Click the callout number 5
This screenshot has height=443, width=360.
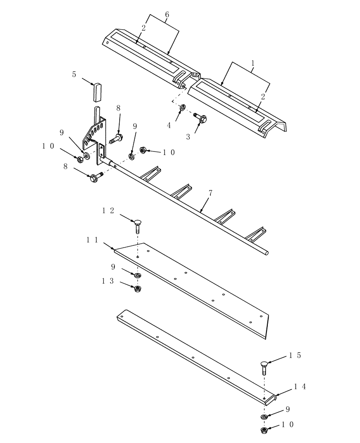(74, 75)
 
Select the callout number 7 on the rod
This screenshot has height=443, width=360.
(210, 194)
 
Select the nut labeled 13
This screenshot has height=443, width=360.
(138, 289)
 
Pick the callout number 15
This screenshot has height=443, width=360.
(295, 355)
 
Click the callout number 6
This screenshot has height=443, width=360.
(167, 15)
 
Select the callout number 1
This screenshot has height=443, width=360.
(253, 63)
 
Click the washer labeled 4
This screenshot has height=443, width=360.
(183, 107)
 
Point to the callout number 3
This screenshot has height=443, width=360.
(188, 137)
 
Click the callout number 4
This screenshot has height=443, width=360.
(169, 125)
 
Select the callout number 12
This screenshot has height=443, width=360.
(109, 211)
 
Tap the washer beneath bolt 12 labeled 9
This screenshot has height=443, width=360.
(138, 276)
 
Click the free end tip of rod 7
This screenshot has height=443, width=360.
(266, 253)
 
